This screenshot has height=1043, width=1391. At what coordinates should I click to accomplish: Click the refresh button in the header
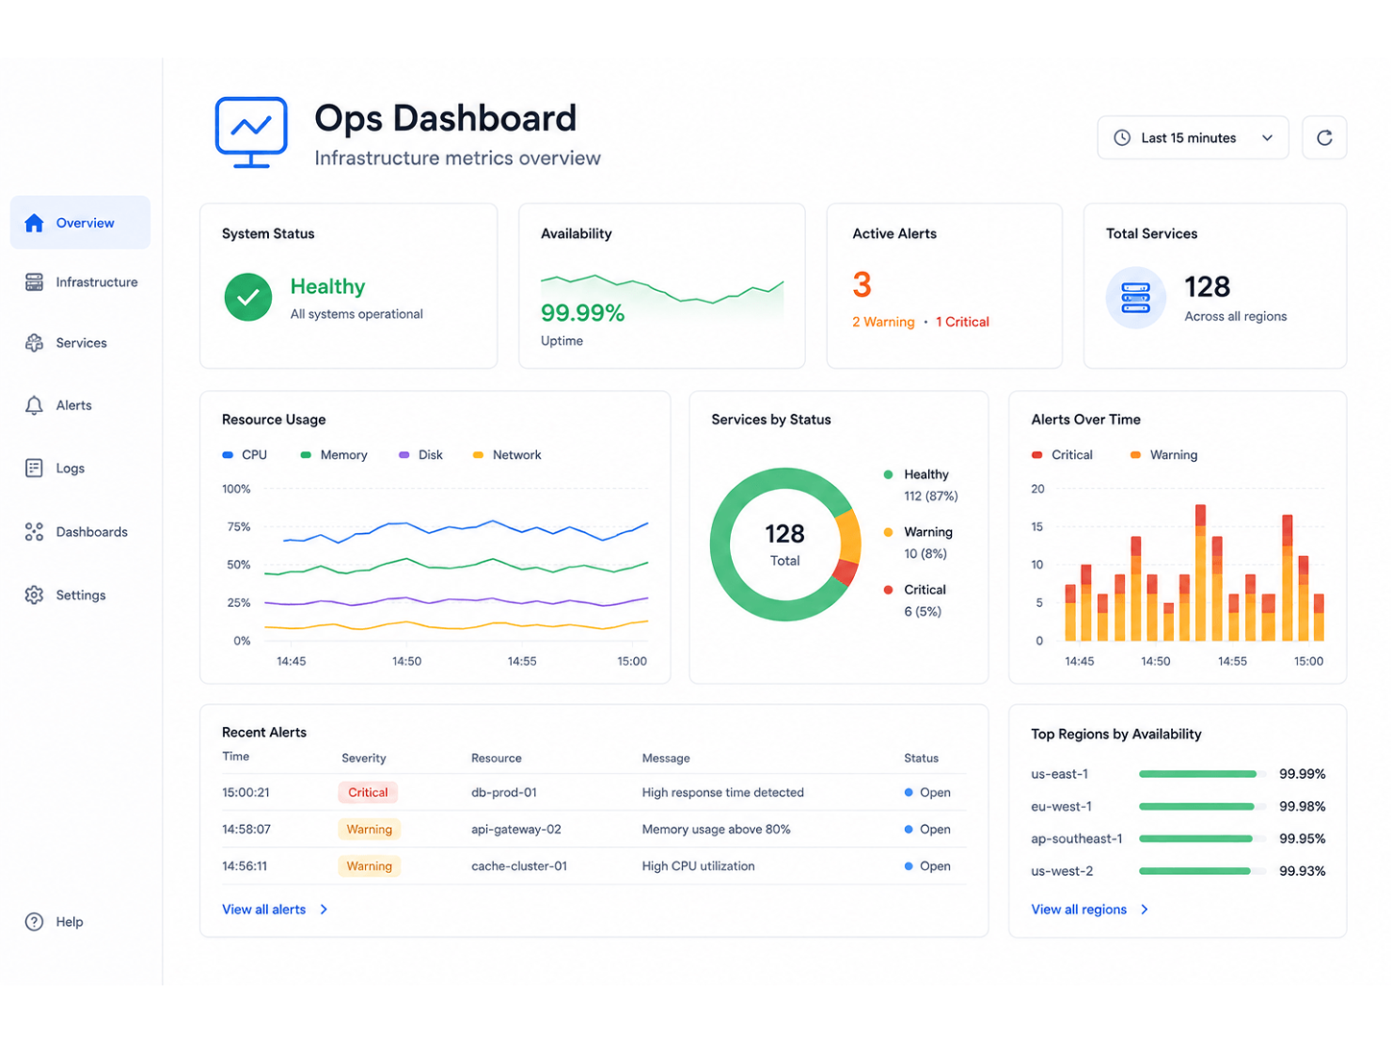click(1323, 137)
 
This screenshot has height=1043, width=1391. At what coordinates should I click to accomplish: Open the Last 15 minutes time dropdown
click(1192, 137)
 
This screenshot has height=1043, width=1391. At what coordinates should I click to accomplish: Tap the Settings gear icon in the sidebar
click(35, 594)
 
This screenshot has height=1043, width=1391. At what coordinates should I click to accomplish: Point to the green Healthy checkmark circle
click(248, 297)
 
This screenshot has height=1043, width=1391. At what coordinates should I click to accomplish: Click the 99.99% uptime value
click(582, 313)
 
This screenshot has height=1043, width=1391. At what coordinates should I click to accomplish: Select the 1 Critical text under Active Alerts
click(962, 322)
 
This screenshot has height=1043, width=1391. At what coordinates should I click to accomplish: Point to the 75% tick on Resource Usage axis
click(238, 526)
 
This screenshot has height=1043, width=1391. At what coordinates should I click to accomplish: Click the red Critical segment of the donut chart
click(845, 571)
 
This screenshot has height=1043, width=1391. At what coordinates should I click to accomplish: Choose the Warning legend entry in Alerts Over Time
click(1163, 454)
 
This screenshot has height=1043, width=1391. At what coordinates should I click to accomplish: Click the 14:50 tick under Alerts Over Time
click(1156, 661)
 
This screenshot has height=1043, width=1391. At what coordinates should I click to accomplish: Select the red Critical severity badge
click(368, 792)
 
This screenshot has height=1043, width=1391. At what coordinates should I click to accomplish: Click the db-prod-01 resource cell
click(503, 792)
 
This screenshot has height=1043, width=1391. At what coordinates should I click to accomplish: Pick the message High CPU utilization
click(697, 865)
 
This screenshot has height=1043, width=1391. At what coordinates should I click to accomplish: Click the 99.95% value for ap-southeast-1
click(1302, 838)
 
